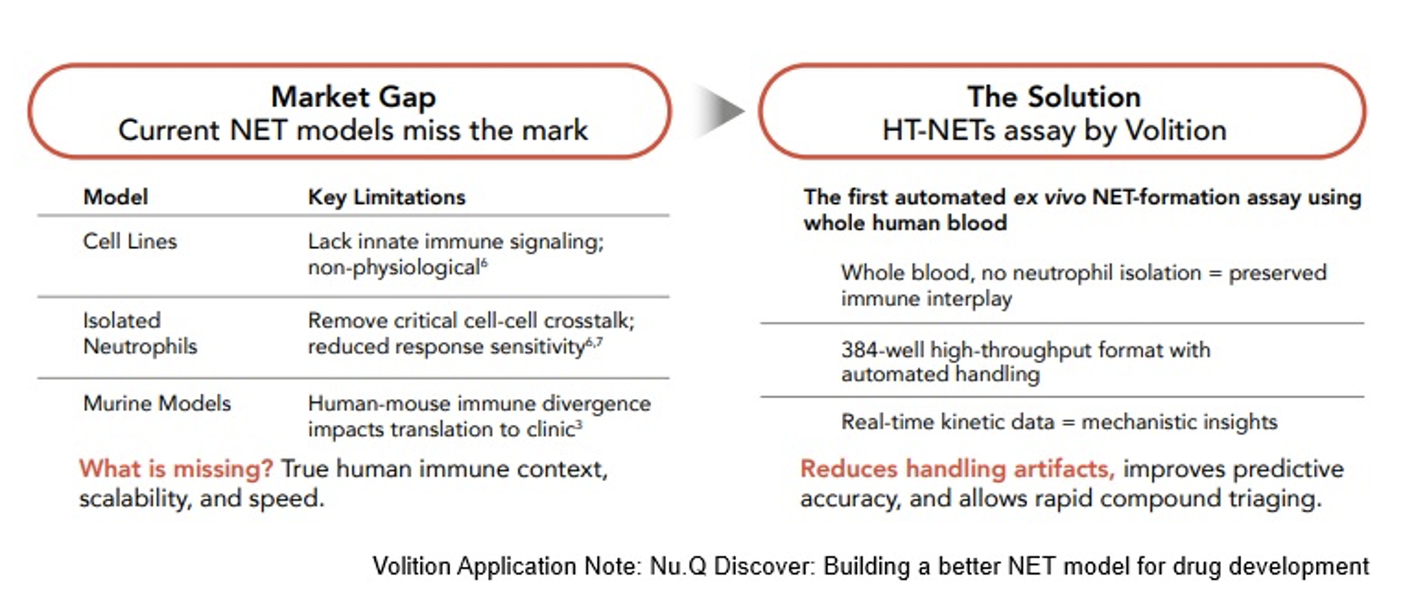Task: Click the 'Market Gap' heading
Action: tap(353, 97)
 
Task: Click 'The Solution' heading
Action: tap(1054, 96)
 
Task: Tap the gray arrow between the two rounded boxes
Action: tap(719, 111)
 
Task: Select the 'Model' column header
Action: tap(116, 197)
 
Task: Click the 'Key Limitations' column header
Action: tap(387, 197)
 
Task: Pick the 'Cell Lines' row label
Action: tap(130, 242)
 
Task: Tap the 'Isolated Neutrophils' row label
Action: tap(140, 333)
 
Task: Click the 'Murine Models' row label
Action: tap(157, 403)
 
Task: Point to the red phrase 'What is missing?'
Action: tap(176, 469)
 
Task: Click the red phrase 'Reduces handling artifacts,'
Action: tap(957, 469)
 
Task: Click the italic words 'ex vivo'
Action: tap(1050, 197)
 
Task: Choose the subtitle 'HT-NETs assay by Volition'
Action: tap(1054, 131)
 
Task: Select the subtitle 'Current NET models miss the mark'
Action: tap(353, 131)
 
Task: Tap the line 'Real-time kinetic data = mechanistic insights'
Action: tap(1059, 422)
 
